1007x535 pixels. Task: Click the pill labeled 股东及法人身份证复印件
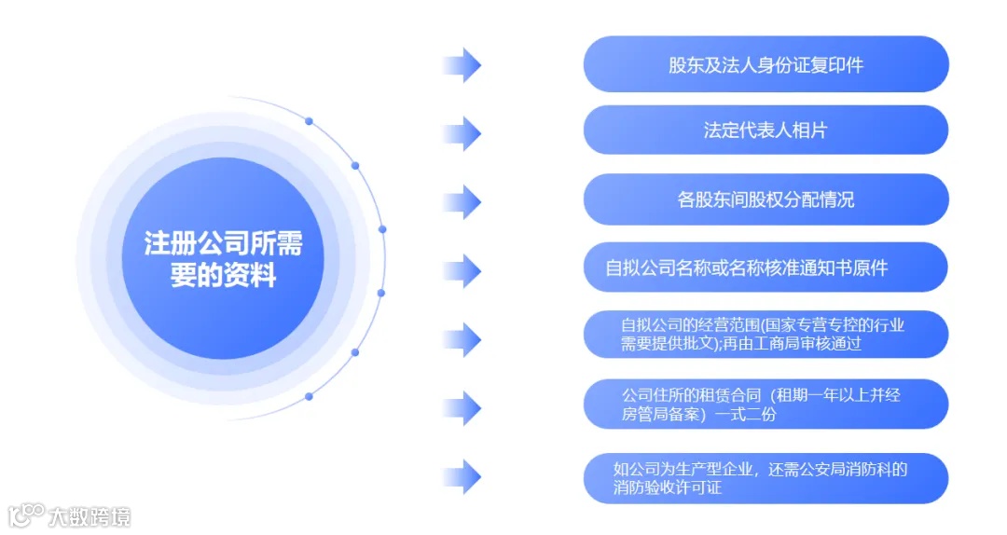coord(766,64)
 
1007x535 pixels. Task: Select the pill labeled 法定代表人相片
coord(766,130)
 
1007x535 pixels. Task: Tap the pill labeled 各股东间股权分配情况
coord(766,199)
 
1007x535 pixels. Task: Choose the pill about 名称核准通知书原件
coord(766,267)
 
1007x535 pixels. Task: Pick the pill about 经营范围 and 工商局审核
coord(766,335)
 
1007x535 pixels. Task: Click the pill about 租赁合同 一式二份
coord(766,404)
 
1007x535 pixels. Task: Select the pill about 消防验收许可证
coord(766,478)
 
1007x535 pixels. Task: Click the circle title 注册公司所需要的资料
coord(223,259)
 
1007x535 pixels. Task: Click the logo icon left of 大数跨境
coord(26,514)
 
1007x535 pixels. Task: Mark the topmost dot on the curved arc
coord(309,121)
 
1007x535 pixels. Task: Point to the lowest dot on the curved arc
coord(309,396)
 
